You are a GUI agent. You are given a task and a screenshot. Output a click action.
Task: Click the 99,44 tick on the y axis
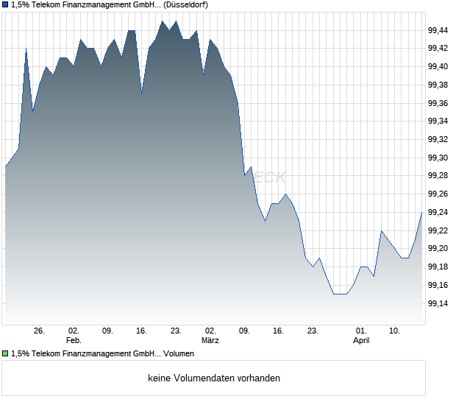[438, 30]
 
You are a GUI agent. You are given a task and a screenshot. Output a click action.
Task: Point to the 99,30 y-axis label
[438, 158]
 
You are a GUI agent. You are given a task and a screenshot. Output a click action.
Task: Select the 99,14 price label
[438, 303]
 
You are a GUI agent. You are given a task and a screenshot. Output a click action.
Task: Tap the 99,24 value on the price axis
[438, 212]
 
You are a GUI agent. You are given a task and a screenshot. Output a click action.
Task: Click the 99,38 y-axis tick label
[438, 85]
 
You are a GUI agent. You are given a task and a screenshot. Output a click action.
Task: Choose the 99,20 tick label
[438, 248]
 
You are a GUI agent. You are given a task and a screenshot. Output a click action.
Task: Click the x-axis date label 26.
[40, 331]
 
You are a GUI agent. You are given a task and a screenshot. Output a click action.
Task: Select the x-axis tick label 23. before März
[176, 331]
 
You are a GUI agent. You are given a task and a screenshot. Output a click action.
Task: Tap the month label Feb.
[74, 341]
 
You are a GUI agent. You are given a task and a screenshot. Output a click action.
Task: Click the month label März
[210, 341]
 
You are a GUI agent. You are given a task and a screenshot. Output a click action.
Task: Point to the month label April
[361, 341]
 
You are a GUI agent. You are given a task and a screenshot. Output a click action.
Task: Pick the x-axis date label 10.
[395, 331]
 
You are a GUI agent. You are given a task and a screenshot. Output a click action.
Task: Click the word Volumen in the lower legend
[179, 353]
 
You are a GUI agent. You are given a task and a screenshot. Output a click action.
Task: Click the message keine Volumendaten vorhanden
[214, 378]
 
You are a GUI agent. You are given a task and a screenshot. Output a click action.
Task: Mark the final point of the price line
[422, 212]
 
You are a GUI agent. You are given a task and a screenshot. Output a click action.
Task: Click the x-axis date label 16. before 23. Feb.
[142, 331]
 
